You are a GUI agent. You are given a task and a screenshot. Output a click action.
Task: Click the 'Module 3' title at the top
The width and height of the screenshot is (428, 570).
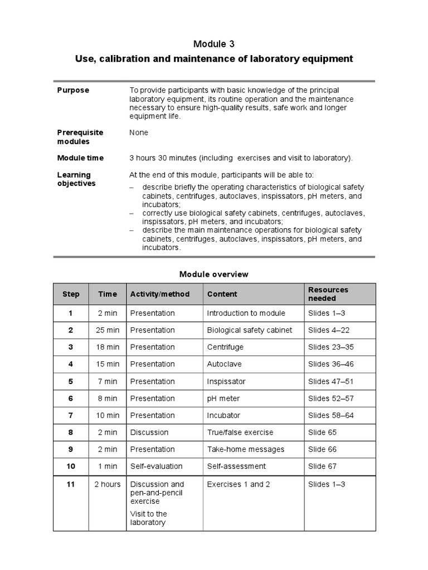(214, 44)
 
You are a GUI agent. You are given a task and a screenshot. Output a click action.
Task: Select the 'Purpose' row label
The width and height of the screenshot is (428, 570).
(73, 90)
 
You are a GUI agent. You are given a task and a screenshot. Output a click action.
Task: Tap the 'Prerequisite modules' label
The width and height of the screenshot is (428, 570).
(80, 137)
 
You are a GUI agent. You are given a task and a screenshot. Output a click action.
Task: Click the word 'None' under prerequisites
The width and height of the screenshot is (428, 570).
(139, 133)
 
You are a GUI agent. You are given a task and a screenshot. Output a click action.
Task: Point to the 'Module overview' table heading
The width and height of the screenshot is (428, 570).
(214, 274)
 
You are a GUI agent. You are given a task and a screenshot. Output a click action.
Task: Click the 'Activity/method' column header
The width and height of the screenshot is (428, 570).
(160, 294)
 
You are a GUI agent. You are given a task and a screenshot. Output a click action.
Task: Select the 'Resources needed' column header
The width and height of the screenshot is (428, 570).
(328, 294)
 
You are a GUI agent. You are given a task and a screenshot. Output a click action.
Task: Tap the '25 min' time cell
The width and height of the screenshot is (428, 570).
(108, 330)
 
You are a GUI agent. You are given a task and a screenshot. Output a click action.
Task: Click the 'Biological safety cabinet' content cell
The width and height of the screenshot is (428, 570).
(249, 330)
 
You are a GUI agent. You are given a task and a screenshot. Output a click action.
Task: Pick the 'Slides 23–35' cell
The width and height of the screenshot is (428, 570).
(331, 347)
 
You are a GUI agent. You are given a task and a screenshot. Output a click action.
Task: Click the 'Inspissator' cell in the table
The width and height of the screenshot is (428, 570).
(226, 381)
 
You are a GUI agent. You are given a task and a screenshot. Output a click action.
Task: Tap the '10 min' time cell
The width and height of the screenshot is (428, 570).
(108, 415)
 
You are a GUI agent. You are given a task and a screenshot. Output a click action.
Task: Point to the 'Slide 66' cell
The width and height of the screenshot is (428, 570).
(323, 449)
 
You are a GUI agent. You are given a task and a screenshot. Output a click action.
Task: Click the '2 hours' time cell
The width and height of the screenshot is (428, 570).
(108, 484)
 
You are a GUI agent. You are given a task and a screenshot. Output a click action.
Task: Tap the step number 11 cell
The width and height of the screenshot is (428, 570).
(71, 484)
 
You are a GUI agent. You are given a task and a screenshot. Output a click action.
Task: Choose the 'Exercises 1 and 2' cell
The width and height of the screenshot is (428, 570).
(239, 484)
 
